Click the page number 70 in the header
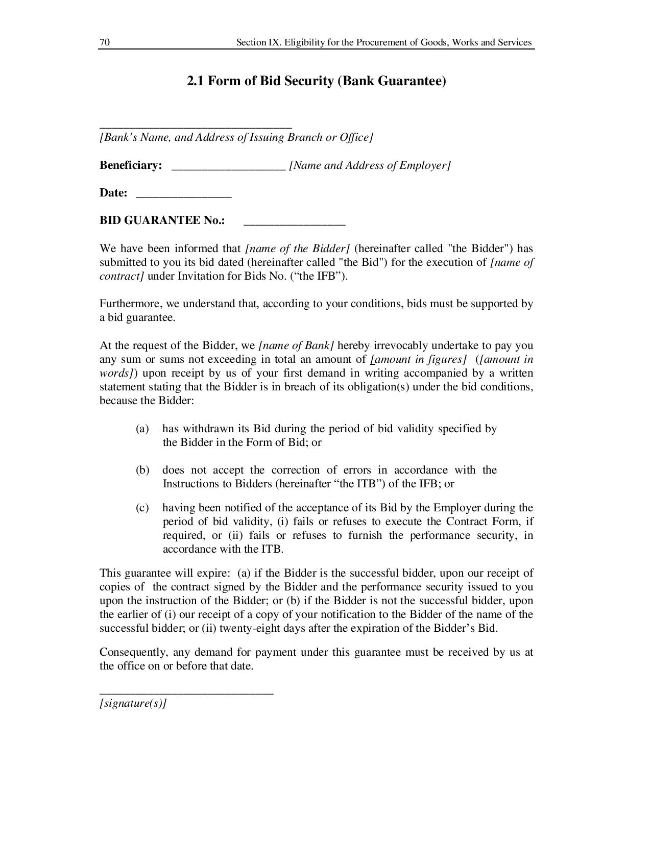pyautogui.click(x=104, y=42)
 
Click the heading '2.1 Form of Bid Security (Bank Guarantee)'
pyautogui.click(x=316, y=81)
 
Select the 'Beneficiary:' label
pyautogui.click(x=131, y=165)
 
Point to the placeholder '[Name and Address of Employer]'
pyautogui.click(x=370, y=165)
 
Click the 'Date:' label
pyautogui.click(x=113, y=193)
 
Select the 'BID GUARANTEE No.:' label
pyautogui.click(x=162, y=220)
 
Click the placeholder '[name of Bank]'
pyautogui.click(x=296, y=345)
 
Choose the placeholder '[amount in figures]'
pyautogui.click(x=418, y=359)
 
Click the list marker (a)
pyautogui.click(x=142, y=429)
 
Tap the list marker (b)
pyautogui.click(x=142, y=470)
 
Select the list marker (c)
pyautogui.click(x=142, y=508)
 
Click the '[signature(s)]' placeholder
pyautogui.click(x=133, y=703)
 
